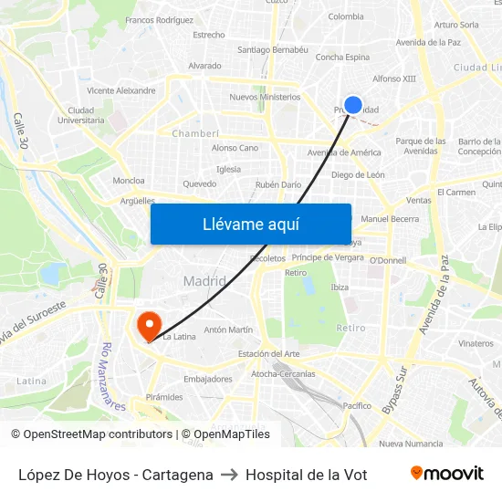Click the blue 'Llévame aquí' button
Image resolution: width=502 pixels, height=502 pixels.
pos(250,224)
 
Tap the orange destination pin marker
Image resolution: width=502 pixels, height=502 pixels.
pos(147,324)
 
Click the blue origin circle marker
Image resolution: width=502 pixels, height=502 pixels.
pos(353,105)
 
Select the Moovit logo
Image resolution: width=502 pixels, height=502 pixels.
pos(446,474)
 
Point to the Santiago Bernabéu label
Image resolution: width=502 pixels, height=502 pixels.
pos(272,49)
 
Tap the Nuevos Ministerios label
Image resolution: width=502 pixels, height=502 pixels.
pos(265,96)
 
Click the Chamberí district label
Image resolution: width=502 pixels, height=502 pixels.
pos(196,132)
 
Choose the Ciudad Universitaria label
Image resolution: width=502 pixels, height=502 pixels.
pos(81,114)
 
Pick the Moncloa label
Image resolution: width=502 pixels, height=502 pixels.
pos(129,181)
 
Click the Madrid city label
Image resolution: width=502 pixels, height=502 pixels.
pos(204,281)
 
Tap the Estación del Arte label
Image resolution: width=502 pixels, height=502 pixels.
pos(268,353)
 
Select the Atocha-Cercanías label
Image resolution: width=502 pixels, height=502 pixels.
pos(283,373)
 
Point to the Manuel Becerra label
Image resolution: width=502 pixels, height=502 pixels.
pos(390,219)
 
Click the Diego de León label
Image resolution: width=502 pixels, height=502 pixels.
pos(358,174)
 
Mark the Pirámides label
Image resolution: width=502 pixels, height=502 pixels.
pos(164,397)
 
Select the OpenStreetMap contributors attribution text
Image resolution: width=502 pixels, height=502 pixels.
pos(91,434)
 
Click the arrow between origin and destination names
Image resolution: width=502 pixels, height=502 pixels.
pos(229,475)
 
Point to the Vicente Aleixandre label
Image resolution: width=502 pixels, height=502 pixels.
pos(121,90)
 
